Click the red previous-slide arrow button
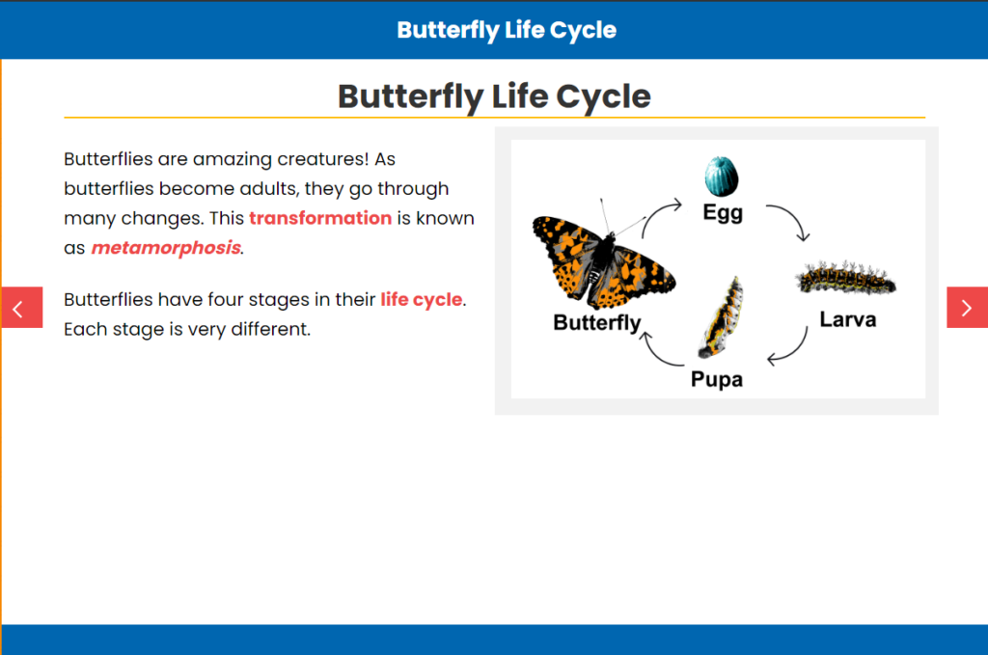pos(21,308)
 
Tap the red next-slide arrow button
pos(967,308)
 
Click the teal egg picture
pos(722,177)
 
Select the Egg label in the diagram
pos(723,213)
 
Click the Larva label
pos(847,319)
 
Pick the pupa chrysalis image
pos(722,316)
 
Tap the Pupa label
pos(717,379)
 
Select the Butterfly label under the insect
pos(596,322)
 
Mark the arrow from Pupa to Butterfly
pos(656,355)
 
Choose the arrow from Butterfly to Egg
pos(655,212)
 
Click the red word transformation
pos(320,218)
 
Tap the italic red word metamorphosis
pos(166,248)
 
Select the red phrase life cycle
pos(421,299)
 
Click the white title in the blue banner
pos(507,30)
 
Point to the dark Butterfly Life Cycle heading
pos(494,96)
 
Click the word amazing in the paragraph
pos(233,159)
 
